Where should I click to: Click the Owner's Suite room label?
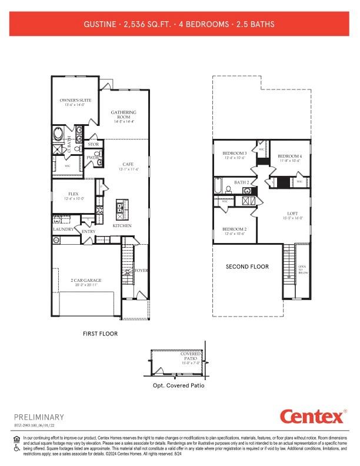(76, 101)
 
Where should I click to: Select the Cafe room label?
(128, 164)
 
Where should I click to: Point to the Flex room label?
(74, 194)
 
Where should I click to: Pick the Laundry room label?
(63, 229)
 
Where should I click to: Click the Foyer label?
(141, 271)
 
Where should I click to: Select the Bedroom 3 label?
(234, 153)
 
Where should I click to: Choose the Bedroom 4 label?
(289, 156)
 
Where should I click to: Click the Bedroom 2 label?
(234, 229)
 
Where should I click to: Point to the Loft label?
(293, 214)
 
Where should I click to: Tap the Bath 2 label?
(242, 183)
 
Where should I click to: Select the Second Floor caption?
(247, 267)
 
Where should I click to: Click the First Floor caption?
(100, 334)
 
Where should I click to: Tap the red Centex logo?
(312, 417)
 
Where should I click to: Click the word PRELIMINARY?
(39, 417)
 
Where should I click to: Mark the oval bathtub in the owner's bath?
(59, 134)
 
